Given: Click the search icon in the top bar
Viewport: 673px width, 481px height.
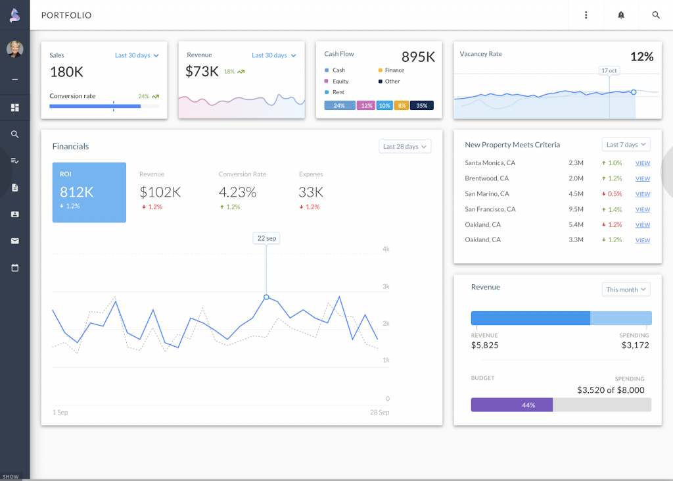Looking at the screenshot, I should click(655, 15).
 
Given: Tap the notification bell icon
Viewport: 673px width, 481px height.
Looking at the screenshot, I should click(620, 15).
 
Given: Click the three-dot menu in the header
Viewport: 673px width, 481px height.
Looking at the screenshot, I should click(586, 15).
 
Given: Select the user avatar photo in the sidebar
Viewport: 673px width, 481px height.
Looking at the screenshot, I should click(14, 49).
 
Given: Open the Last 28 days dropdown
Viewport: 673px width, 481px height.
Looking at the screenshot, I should click(405, 146).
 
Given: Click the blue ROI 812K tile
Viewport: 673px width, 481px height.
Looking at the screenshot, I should click(89, 192).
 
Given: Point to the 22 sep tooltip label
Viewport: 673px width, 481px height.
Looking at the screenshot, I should click(266, 238).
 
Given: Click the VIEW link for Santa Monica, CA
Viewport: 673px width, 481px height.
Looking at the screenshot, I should click(642, 163).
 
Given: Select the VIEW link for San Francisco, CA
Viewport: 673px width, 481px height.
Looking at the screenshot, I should click(642, 209).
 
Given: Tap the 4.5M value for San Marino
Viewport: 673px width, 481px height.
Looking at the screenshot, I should click(576, 193).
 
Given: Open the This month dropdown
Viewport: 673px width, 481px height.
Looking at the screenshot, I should click(626, 290).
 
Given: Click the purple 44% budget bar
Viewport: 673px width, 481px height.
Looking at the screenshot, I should click(511, 405).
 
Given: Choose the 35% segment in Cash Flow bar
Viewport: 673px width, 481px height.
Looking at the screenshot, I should click(421, 105).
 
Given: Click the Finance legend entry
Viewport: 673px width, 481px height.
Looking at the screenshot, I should click(394, 70).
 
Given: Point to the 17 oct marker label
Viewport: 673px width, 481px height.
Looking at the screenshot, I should click(609, 70).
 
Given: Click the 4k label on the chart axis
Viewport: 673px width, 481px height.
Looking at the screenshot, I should click(386, 249).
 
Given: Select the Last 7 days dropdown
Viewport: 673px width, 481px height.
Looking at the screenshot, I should click(626, 144).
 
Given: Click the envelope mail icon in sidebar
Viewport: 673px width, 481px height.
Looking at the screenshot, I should click(14, 241).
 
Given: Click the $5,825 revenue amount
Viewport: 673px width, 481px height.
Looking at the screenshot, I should click(484, 345).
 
